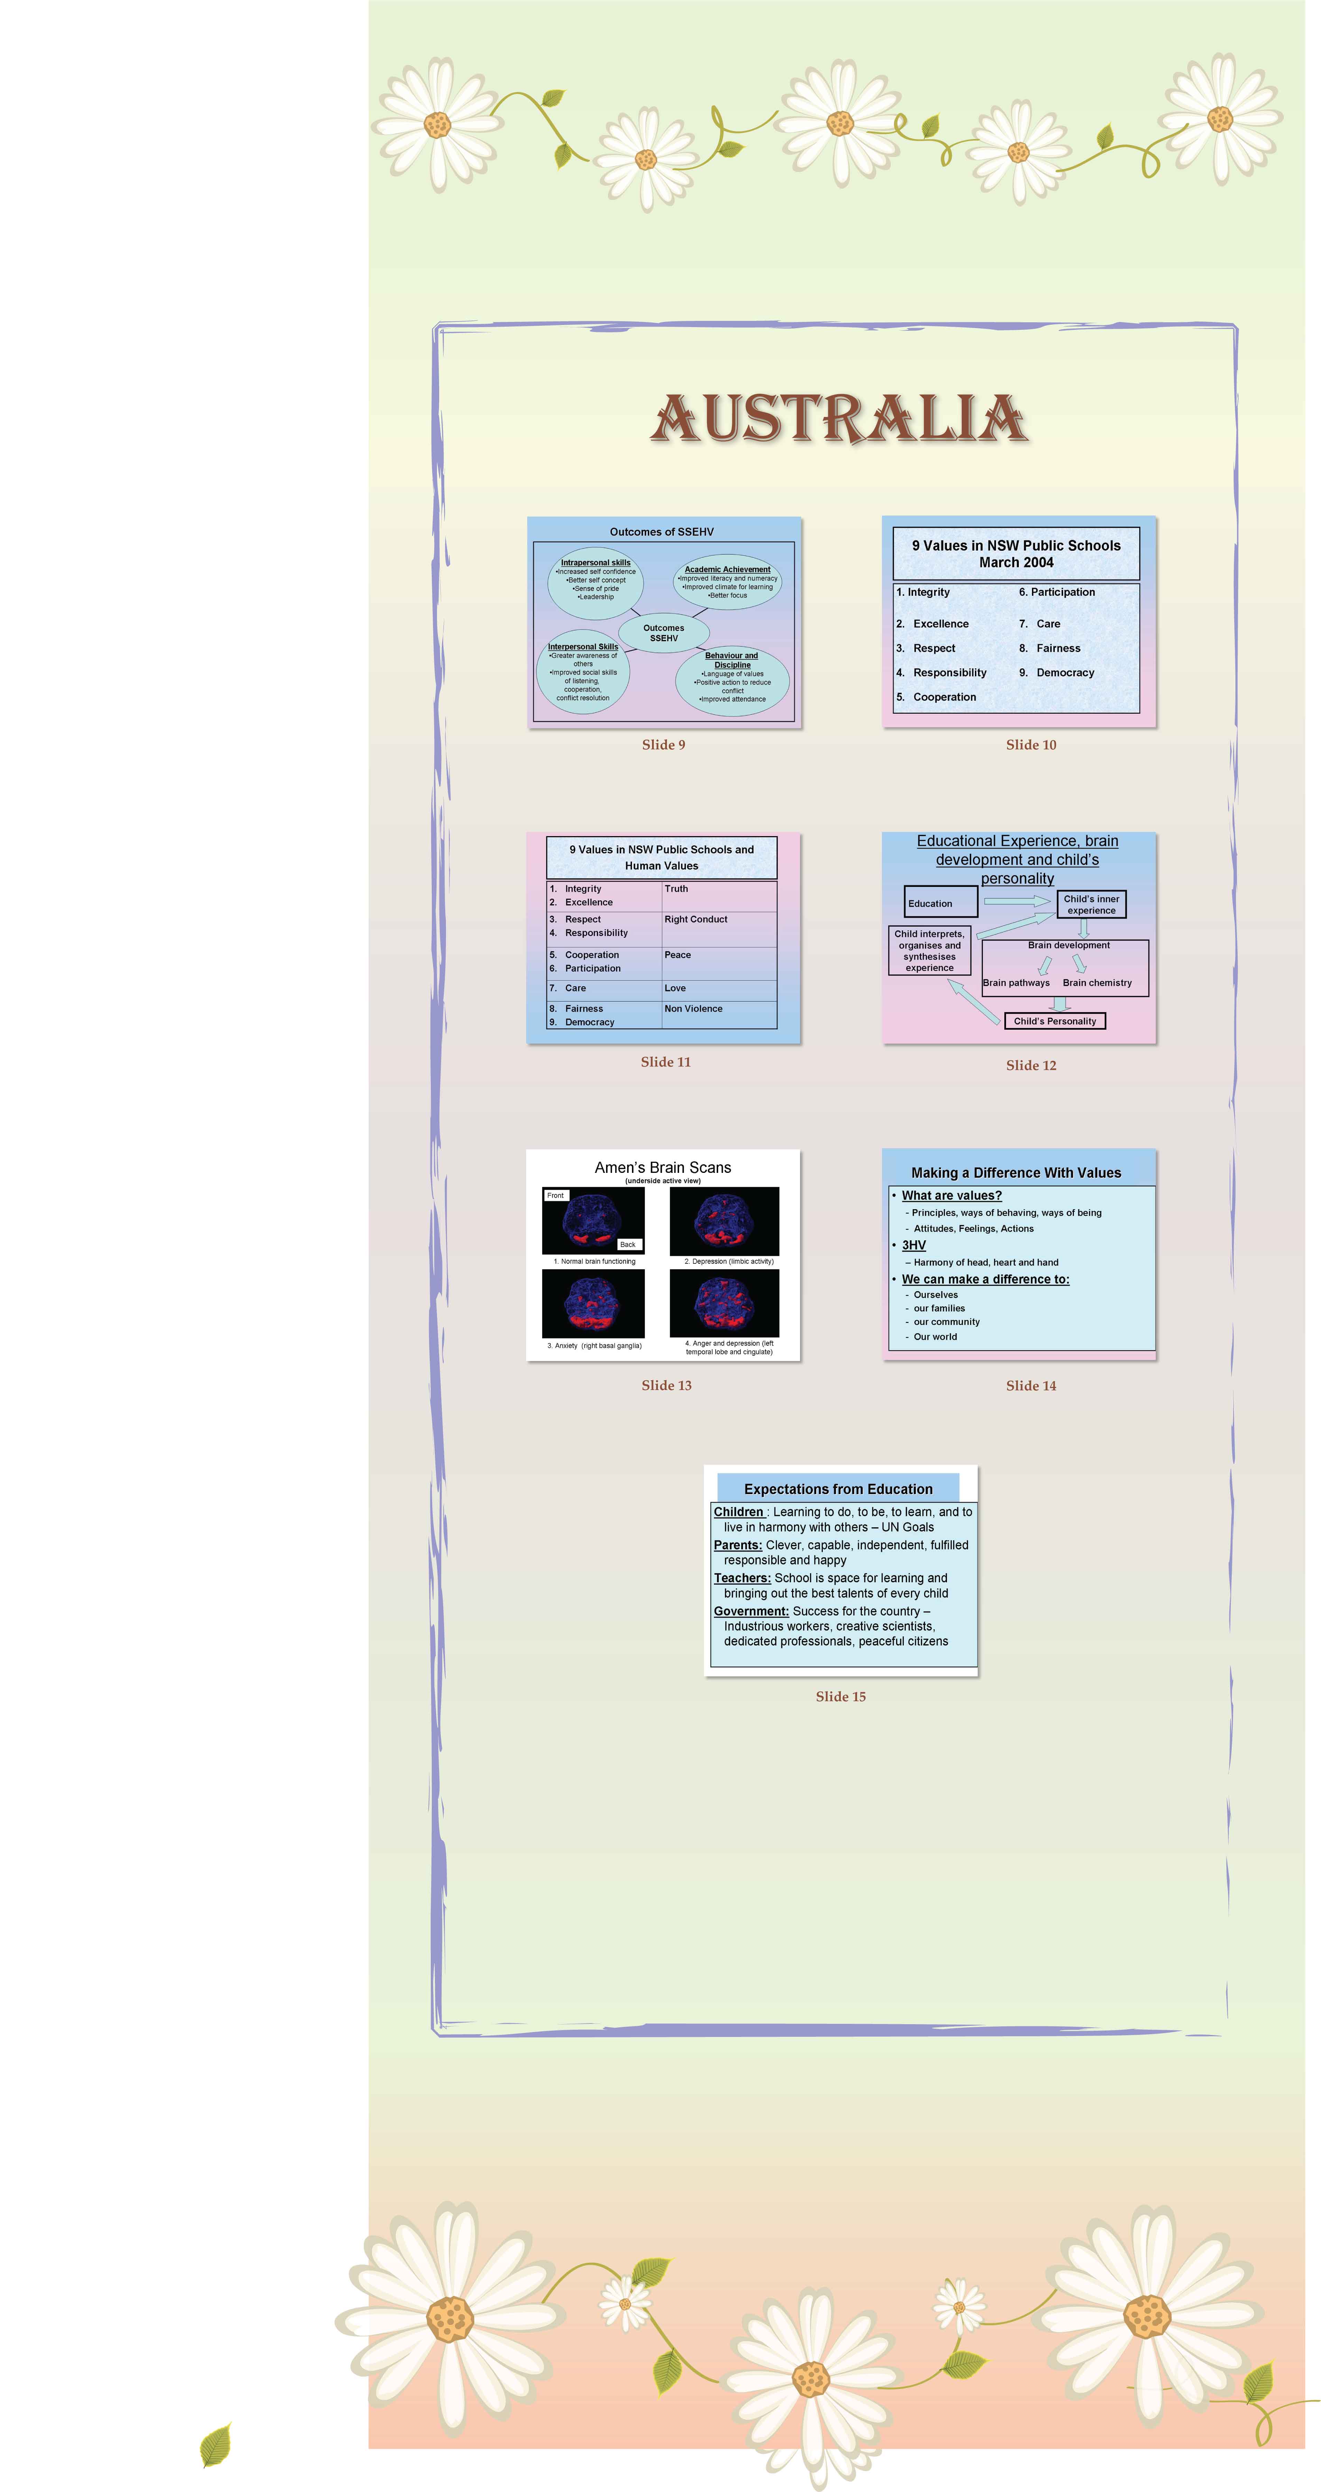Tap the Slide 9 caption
663,745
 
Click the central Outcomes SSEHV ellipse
663,633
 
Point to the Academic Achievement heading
727,570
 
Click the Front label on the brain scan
555,1196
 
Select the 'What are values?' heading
951,1196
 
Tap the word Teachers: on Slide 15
742,1578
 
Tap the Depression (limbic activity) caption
728,1261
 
